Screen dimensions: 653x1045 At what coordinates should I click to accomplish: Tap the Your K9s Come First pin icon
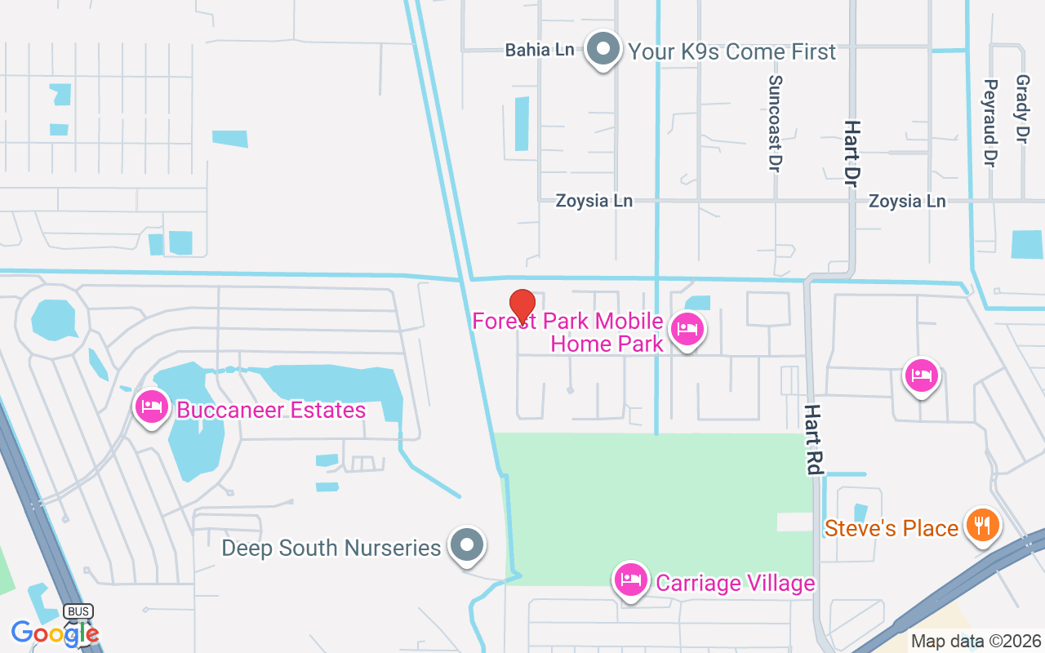click(603, 49)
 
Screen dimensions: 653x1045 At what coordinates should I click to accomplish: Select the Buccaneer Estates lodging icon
click(152, 406)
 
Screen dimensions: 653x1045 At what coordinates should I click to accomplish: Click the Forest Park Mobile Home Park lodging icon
click(687, 330)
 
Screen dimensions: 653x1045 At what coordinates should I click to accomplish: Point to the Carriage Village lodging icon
click(630, 580)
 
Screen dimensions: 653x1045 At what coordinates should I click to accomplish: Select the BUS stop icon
click(78, 612)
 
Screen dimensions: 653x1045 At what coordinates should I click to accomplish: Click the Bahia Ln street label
click(540, 50)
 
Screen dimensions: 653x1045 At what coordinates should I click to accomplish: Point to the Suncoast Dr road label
click(775, 123)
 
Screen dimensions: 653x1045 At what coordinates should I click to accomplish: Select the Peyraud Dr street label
click(991, 123)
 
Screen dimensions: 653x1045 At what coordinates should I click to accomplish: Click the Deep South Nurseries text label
click(331, 548)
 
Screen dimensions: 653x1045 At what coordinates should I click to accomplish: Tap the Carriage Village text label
click(736, 583)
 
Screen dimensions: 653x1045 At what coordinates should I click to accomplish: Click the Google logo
click(54, 633)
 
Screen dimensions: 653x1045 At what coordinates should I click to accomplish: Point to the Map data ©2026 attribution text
click(976, 642)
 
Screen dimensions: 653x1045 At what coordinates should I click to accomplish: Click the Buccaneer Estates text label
click(271, 410)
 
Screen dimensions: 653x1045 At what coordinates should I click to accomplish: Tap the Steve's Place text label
click(891, 529)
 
